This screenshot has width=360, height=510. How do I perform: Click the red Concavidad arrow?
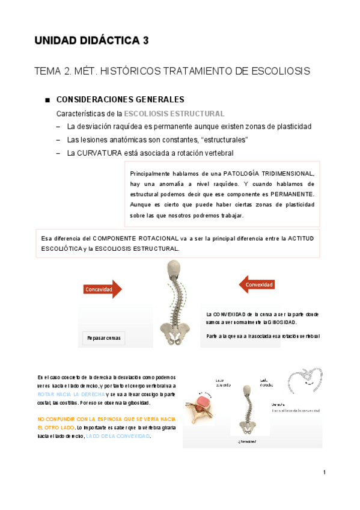[102, 289]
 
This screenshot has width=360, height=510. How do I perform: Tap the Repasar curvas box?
[103, 338]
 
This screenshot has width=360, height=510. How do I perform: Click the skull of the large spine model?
[173, 269]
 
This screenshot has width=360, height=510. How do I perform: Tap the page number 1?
[324, 472]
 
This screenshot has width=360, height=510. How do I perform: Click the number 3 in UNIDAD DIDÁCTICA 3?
[145, 41]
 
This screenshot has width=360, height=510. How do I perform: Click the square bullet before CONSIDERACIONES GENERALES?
[46, 100]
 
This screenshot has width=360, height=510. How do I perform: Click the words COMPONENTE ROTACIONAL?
[129, 238]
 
